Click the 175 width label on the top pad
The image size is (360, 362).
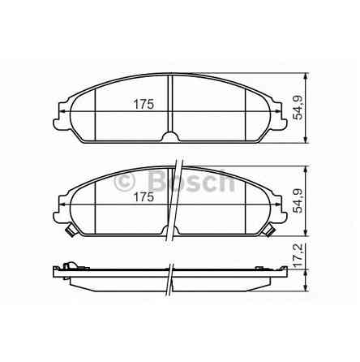coord(144,104)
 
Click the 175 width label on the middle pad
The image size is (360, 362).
coord(144,196)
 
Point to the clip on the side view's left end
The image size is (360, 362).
coord(70,265)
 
